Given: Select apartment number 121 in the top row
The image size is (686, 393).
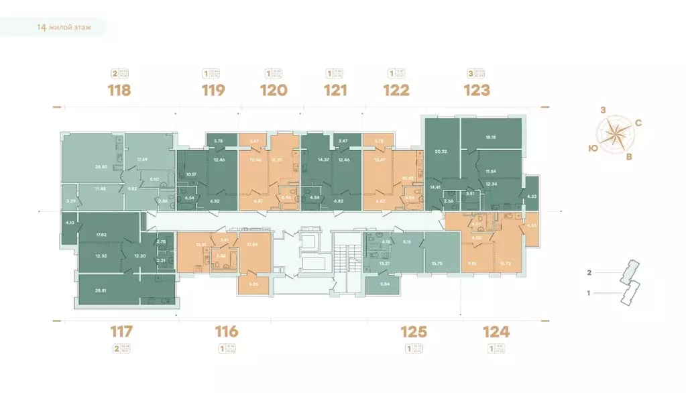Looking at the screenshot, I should point(335,90).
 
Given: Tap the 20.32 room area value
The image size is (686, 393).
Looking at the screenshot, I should point(441,152).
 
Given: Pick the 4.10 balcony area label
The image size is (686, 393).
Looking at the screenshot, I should point(70,223).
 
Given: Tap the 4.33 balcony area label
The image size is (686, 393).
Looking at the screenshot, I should point(532,196).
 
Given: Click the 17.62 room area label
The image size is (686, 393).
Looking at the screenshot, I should point(103,234).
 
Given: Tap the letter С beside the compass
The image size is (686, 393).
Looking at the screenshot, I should point(638,123).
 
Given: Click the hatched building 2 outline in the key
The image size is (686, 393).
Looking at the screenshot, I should point(628,271).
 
